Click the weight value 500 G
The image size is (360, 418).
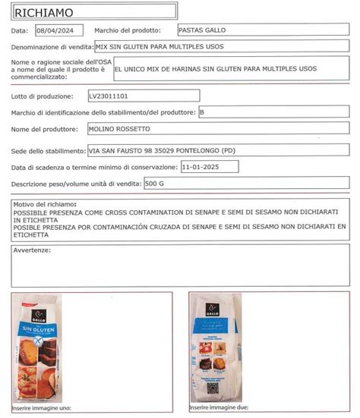(x=156, y=184)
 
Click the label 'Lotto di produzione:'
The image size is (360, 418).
(x=43, y=97)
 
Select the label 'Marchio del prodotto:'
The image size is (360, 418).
(x=128, y=30)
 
